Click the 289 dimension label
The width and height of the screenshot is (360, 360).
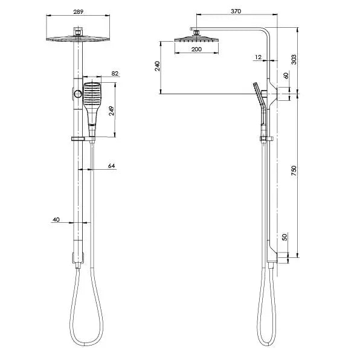79,11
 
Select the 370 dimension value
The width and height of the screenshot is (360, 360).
236,11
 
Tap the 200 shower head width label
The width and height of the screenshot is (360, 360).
196,49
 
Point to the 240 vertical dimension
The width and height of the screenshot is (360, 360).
157,66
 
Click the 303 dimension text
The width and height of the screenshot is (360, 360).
294,59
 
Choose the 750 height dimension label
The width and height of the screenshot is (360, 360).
294,171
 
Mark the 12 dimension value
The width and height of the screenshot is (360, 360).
259,57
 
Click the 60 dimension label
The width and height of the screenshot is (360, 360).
286,76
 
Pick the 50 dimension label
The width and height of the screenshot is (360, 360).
284,237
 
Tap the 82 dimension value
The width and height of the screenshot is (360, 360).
115,73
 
